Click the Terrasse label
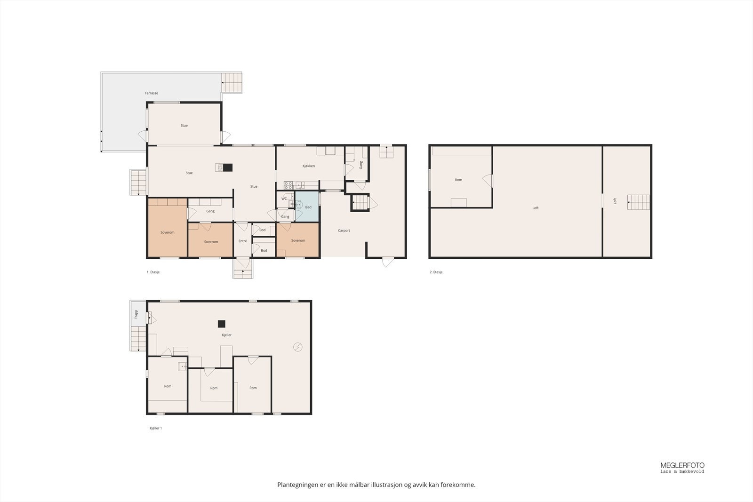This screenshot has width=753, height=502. click(x=151, y=93)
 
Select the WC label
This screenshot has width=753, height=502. click(x=284, y=199)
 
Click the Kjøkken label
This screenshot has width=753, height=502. click(x=308, y=166)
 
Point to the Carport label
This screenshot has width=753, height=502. click(x=344, y=231)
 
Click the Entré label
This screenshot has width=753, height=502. click(x=242, y=241)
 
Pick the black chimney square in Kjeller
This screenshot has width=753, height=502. click(x=221, y=324)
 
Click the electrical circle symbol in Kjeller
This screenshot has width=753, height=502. click(x=297, y=347)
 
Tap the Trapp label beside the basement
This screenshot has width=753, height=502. click(x=136, y=314)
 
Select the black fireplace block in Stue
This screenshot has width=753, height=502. click(x=228, y=167)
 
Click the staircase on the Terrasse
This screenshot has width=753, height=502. click(x=232, y=83)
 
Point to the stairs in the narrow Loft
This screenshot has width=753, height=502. click(x=638, y=202)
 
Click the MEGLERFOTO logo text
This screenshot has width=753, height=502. click(x=682, y=465)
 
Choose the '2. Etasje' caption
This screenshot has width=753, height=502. click(x=436, y=272)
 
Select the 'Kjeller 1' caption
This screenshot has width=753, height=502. click(x=155, y=428)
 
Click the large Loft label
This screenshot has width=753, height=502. click(x=535, y=208)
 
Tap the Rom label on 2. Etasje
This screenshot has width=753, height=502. click(x=458, y=180)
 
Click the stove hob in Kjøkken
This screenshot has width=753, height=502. click(x=288, y=184)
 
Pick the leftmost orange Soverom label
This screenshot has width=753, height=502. click(x=167, y=232)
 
